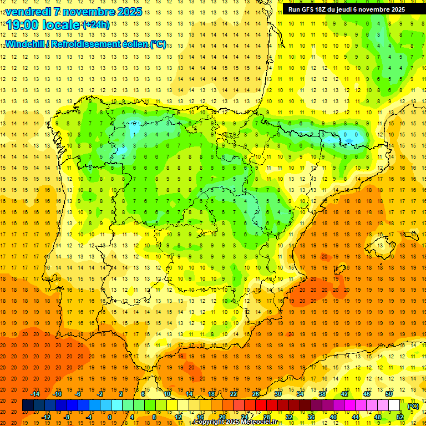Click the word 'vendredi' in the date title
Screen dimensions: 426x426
27,12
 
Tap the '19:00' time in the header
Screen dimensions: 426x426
22,25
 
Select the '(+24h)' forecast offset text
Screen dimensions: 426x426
95,25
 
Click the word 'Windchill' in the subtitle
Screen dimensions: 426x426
24,44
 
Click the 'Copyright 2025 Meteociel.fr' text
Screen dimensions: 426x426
236,422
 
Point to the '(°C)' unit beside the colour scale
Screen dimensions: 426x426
413,406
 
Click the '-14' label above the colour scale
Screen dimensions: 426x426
35,394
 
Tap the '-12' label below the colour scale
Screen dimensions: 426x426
46,417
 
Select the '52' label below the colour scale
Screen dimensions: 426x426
400,417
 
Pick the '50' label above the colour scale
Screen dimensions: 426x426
389,394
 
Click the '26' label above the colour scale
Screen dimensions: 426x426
256,394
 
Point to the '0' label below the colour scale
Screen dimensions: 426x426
110,417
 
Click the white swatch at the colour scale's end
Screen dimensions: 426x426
394,405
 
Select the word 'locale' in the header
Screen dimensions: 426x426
61,25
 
